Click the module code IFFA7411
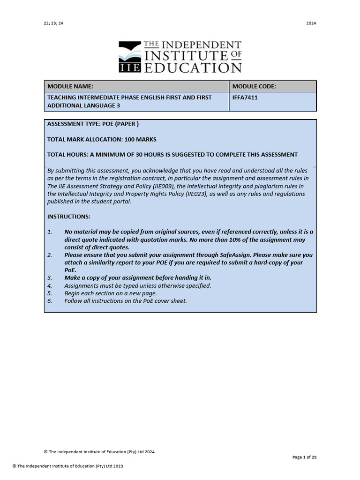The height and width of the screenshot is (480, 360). [x=245, y=97]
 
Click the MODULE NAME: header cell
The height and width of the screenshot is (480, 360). [x=70, y=86]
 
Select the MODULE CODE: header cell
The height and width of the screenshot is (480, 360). [x=254, y=86]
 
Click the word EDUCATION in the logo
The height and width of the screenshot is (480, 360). [x=192, y=67]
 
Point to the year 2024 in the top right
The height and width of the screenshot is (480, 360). [x=311, y=23]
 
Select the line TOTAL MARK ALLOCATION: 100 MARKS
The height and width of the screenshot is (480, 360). [x=102, y=139]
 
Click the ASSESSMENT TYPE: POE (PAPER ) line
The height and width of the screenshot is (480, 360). [x=93, y=124]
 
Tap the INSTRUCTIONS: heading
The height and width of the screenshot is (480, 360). [x=69, y=217]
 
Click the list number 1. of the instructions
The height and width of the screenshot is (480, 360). [x=50, y=232]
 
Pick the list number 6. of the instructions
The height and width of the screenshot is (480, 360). [x=50, y=301]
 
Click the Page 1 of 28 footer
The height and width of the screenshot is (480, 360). [x=304, y=457]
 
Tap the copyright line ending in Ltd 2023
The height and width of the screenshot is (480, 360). [x=68, y=466]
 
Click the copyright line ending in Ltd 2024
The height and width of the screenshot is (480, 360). [x=99, y=452]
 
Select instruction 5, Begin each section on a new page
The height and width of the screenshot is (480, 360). [x=111, y=293]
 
